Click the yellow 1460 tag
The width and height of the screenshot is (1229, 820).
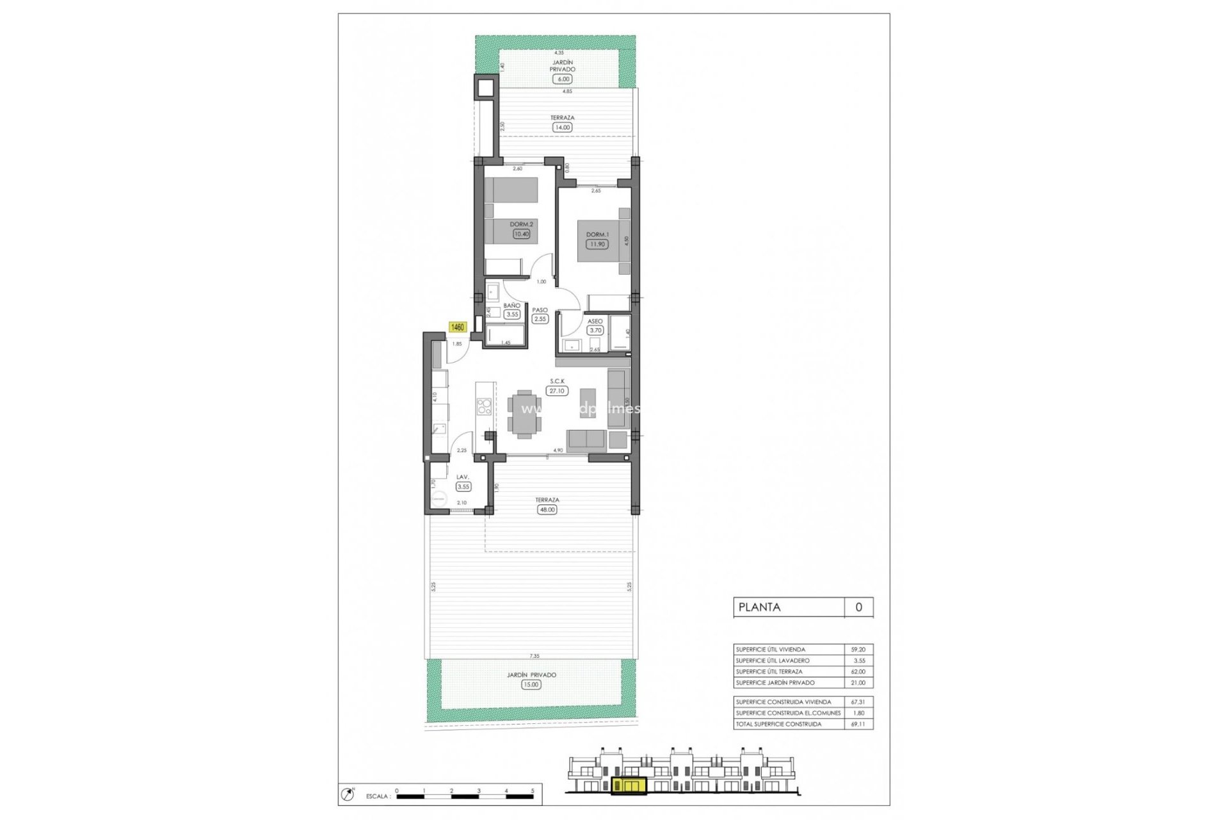[x=458, y=327]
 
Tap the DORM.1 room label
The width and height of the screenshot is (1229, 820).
[x=598, y=234]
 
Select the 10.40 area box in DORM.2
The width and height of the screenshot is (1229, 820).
[x=522, y=234]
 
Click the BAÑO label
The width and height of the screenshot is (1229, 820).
[x=511, y=306]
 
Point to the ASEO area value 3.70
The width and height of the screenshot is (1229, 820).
[x=596, y=331]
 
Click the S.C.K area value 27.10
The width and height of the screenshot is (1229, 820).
[x=557, y=391]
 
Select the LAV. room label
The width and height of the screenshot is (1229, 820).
[x=463, y=477]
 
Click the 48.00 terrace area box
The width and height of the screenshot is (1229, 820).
[x=547, y=510]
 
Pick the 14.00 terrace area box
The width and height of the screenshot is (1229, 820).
[x=562, y=127]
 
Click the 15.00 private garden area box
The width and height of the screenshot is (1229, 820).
[x=531, y=685]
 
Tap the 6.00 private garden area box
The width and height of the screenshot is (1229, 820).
[x=563, y=79]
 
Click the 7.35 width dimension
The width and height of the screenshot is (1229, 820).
[x=534, y=656]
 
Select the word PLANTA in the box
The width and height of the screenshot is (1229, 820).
[x=760, y=607]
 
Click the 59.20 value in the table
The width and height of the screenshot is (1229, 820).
[x=858, y=650]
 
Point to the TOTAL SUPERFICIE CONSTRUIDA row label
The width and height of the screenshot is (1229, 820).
[x=778, y=724]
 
